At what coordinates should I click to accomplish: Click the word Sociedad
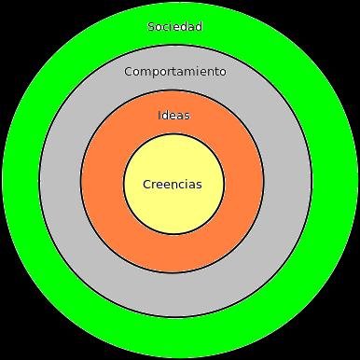click(x=174, y=26)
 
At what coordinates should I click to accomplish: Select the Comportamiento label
click(x=174, y=71)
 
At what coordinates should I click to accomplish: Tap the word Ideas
click(x=174, y=116)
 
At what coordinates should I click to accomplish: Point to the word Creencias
click(x=172, y=184)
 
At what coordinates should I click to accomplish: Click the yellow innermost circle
click(x=173, y=210)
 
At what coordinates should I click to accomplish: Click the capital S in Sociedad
click(x=151, y=26)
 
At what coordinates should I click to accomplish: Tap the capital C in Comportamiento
click(x=129, y=71)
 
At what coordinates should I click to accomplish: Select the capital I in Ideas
click(x=160, y=116)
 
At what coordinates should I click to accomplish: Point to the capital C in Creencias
click(x=147, y=184)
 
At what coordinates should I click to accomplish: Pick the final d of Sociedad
click(x=199, y=26)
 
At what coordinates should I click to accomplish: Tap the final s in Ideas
click(x=187, y=116)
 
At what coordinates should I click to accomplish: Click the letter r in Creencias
click(x=155, y=184)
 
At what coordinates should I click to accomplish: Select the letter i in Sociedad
click(x=173, y=26)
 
